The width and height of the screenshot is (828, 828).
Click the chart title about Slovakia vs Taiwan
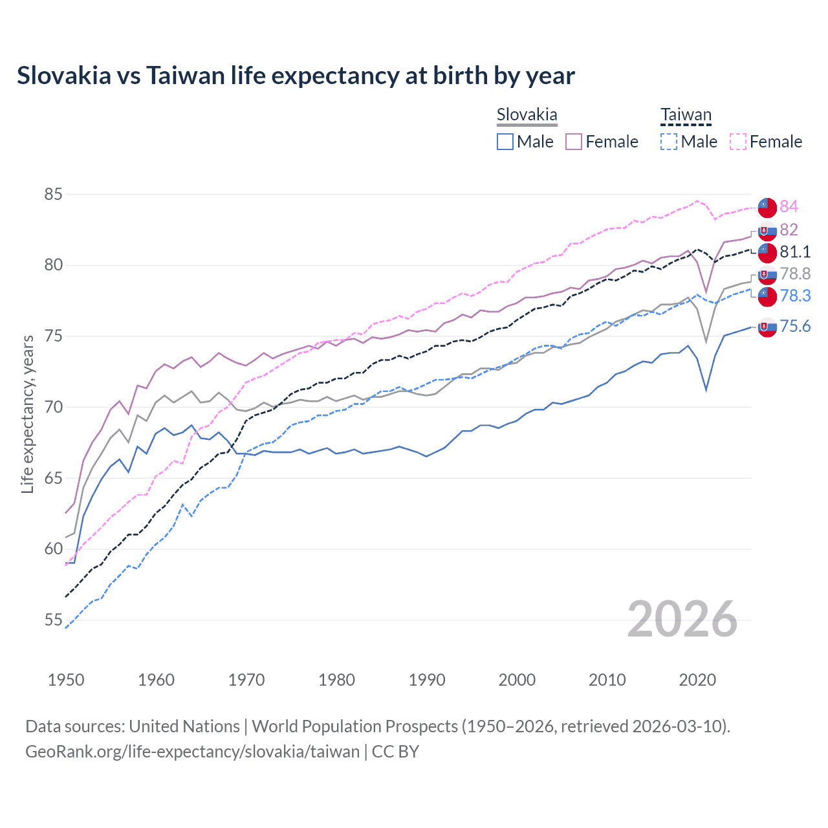296,76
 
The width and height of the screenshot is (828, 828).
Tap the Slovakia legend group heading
527,115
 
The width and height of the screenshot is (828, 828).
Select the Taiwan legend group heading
686,115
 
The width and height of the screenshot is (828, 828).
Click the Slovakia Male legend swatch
505,142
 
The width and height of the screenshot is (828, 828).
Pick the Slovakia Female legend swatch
574,142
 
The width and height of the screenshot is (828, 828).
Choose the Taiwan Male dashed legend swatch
669,142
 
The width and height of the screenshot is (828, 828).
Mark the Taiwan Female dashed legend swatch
738,142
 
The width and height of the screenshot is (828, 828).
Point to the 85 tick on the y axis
53,194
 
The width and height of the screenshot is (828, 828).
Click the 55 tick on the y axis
53,620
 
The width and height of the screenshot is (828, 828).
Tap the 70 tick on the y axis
53,407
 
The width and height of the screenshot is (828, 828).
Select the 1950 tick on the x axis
66,680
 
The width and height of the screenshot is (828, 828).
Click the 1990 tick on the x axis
427,680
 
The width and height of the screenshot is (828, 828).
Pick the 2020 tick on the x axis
697,680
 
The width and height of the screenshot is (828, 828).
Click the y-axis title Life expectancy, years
28,414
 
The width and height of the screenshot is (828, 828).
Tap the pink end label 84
789,206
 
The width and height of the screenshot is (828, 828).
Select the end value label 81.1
794,252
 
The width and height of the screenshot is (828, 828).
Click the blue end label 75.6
794,326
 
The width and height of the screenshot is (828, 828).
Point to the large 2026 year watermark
682,619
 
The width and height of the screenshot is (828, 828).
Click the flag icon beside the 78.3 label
767,296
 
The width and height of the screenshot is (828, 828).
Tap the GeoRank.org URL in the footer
192,752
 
